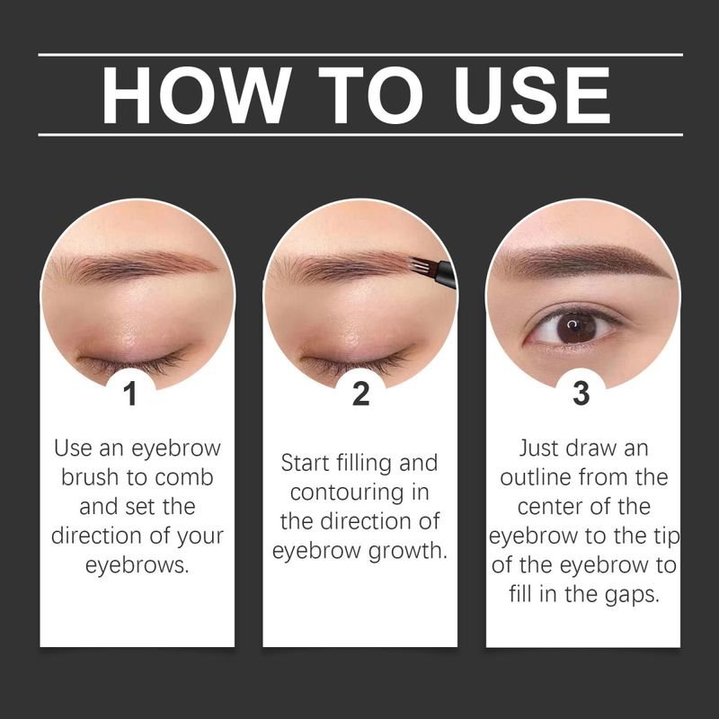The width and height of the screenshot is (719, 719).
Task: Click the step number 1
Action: tap(131, 394)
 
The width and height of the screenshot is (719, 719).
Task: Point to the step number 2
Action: tap(360, 394)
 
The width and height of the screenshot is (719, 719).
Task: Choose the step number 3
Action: tap(581, 394)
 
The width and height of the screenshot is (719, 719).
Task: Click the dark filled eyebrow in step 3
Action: tap(584, 262)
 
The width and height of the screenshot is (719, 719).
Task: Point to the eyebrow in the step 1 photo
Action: tap(135, 267)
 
